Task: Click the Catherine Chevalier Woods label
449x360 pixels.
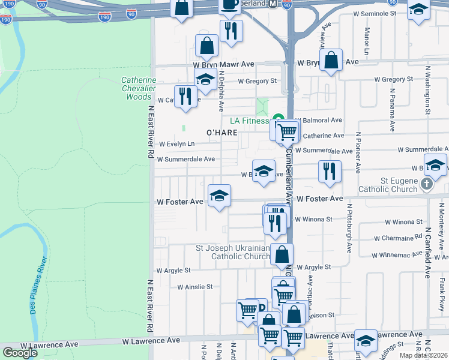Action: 139,88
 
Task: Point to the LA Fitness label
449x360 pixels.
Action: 248,120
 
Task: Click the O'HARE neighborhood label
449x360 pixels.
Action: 218,132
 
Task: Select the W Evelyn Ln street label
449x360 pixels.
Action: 176,144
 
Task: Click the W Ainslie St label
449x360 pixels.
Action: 195,287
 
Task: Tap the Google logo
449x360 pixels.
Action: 20,352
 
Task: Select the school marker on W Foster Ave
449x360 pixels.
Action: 219,196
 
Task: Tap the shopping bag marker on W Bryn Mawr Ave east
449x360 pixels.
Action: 331,60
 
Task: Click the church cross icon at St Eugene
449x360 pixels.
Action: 426,184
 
